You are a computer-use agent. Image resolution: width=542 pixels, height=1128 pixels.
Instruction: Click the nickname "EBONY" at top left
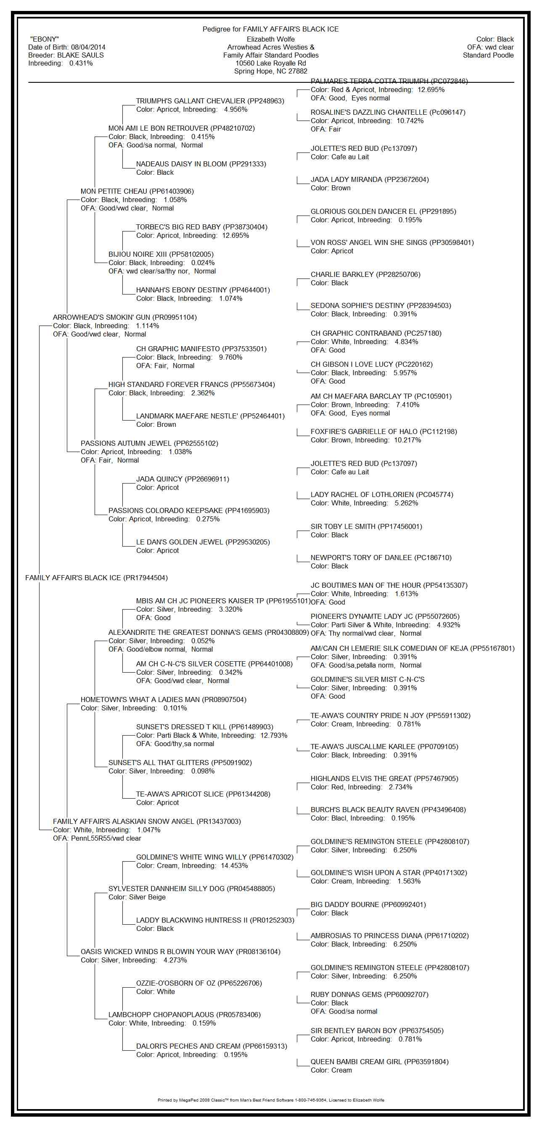coord(44,39)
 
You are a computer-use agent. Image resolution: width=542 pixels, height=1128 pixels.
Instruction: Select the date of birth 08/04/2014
coord(88,47)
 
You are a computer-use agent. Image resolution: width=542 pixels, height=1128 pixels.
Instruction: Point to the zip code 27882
coord(298,71)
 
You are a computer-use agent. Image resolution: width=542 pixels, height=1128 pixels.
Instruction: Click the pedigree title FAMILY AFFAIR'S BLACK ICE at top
coord(291,29)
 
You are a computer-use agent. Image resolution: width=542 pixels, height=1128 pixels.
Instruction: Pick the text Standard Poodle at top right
coord(488,55)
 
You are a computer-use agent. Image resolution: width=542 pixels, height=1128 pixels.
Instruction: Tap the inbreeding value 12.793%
coord(274,736)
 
